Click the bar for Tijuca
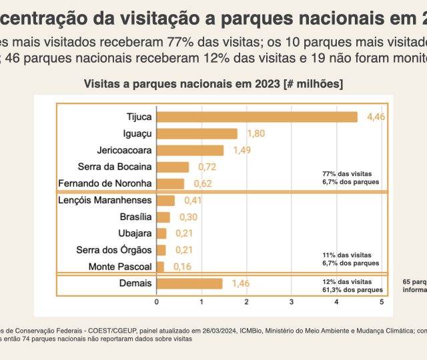pyautogui.click(x=257, y=117)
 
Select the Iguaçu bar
pyautogui.click(x=197, y=133)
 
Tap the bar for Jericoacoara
pyautogui.click(x=190, y=150)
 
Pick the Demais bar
pyautogui.click(x=189, y=283)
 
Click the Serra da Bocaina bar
pyautogui.click(x=173, y=167)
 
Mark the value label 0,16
pyautogui.click(x=182, y=267)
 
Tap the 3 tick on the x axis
pyautogui.click(x=292, y=302)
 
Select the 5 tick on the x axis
pyautogui.click(x=382, y=302)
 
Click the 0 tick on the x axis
pyautogui.click(x=157, y=302)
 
